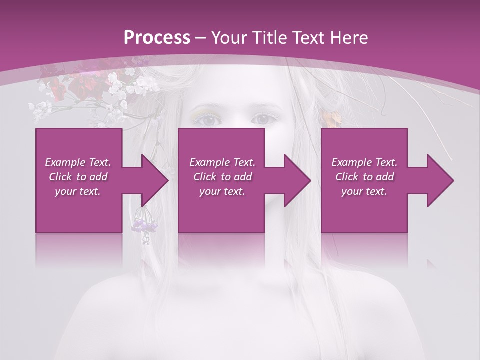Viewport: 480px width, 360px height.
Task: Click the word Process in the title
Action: coord(157,37)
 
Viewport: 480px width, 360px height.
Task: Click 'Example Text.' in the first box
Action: coord(78,162)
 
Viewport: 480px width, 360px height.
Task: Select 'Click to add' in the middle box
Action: coord(222,177)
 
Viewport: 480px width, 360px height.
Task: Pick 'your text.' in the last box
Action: coord(364,191)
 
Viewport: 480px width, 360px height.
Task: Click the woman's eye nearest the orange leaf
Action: coord(263,119)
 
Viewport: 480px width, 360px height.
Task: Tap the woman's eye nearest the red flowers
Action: coord(207,120)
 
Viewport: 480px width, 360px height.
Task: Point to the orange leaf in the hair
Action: coord(330,119)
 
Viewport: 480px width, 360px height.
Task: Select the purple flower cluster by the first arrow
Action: coord(145,225)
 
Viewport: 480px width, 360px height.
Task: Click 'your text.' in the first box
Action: coord(78,191)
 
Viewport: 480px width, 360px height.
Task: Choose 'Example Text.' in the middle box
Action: coord(222,162)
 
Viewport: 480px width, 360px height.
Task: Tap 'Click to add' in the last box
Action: coord(364,177)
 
